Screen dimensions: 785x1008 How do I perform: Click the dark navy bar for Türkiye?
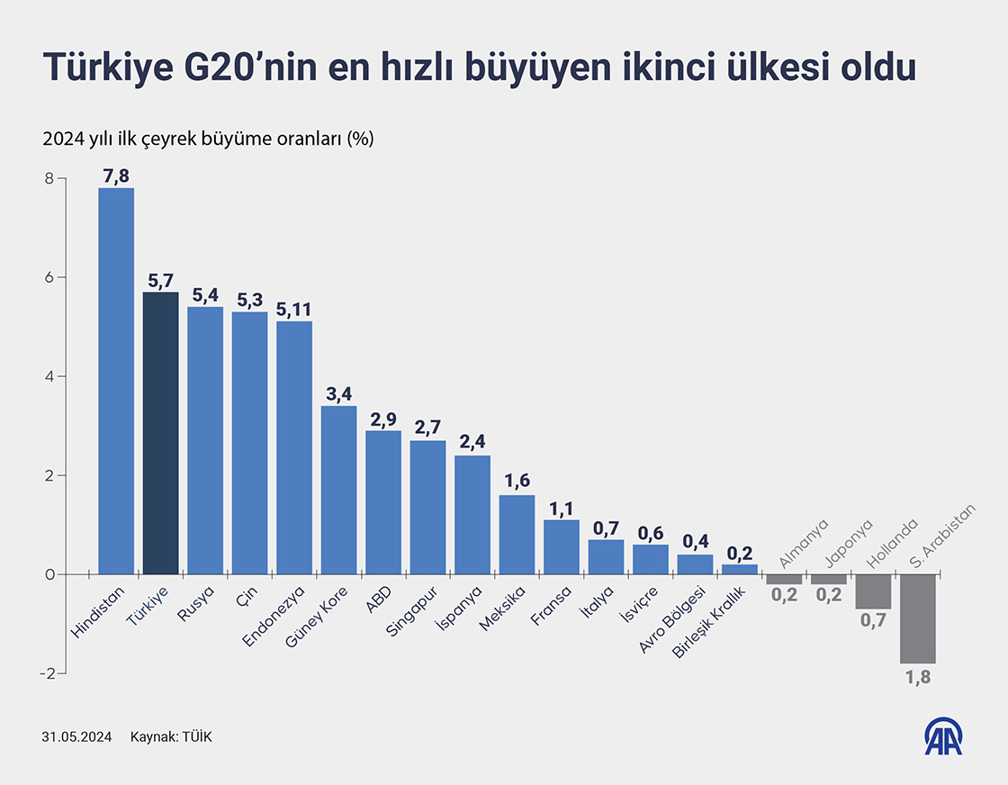tap(160, 433)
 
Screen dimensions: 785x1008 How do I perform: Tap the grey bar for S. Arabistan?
tap(917, 618)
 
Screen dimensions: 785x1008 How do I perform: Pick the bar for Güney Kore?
tap(338, 490)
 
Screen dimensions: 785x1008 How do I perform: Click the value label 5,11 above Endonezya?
tap(294, 310)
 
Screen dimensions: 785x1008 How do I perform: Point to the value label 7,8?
tap(116, 176)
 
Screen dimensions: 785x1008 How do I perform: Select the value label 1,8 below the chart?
tap(917, 677)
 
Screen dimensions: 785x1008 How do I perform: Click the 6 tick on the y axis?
tap(49, 277)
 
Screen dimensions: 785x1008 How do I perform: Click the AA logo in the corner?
tap(945, 735)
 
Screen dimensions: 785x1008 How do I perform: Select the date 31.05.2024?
tap(76, 736)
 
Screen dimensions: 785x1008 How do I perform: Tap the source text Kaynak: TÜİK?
tap(171, 736)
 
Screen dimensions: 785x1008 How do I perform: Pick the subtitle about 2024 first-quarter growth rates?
tap(207, 140)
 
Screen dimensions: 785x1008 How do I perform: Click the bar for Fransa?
tap(562, 546)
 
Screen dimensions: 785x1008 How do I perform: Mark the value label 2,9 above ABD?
tap(383, 419)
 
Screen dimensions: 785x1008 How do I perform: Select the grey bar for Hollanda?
tap(873, 591)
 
